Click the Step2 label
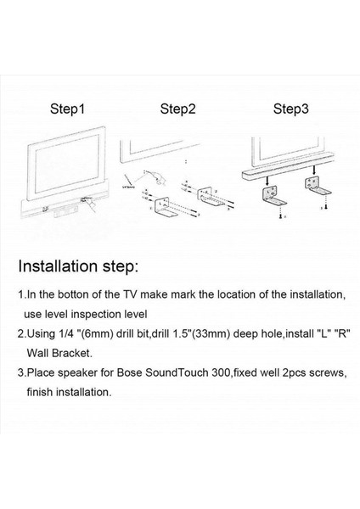[178, 109]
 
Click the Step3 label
[290, 109]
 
